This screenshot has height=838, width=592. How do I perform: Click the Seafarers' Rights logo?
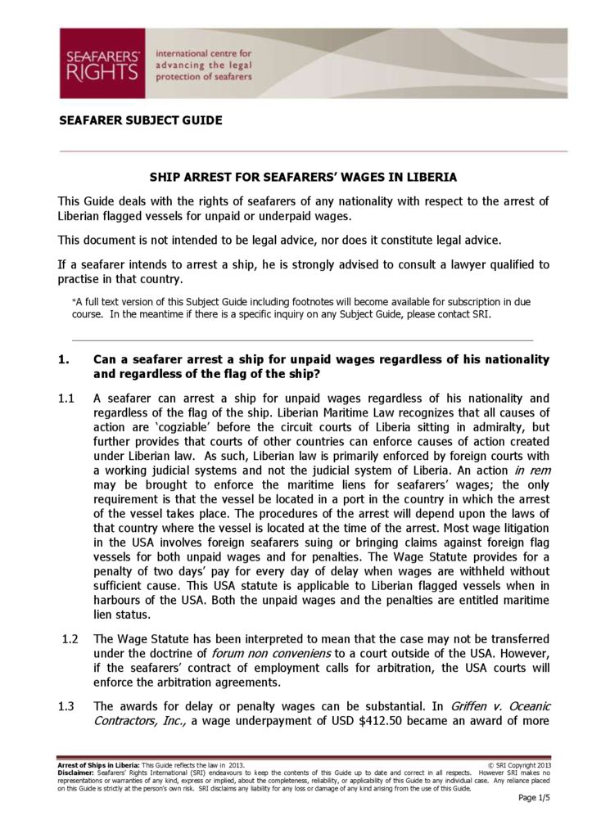click(x=102, y=63)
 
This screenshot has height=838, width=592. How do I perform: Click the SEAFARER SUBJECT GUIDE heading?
click(x=140, y=120)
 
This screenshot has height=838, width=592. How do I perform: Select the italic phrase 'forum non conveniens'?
click(x=273, y=653)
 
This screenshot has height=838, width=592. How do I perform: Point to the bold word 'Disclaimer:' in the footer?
click(x=75, y=772)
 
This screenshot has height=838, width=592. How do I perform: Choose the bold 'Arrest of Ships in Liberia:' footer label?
click(x=99, y=764)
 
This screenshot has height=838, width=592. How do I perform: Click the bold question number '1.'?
click(x=64, y=359)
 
